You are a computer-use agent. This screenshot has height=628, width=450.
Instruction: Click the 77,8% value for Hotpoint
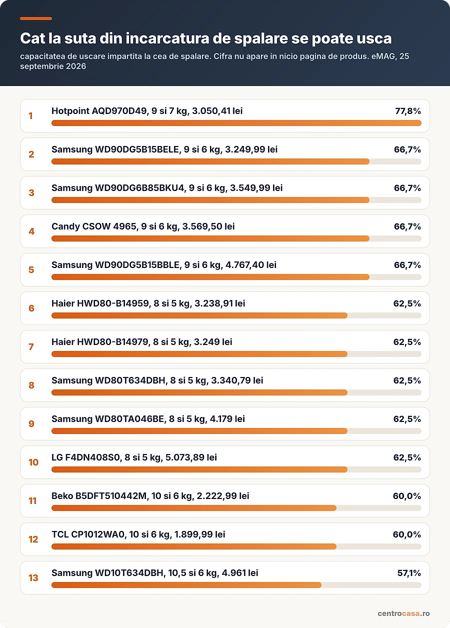pyautogui.click(x=408, y=111)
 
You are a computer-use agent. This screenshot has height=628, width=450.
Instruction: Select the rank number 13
pyautogui.click(x=33, y=578)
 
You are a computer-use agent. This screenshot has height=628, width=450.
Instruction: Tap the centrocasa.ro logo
pyautogui.click(x=403, y=613)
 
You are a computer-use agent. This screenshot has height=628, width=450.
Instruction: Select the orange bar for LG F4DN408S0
pyautogui.click(x=199, y=469)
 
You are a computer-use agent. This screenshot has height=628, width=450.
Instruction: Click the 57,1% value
pyautogui.click(x=409, y=573)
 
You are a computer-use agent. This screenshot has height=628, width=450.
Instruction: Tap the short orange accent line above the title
pyautogui.click(x=36, y=18)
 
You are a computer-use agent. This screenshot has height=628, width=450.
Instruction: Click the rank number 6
pyautogui.click(x=31, y=308)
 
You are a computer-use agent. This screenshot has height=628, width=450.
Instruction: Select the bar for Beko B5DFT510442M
pyautogui.click(x=193, y=508)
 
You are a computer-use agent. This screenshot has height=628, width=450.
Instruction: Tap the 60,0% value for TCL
pyautogui.click(x=407, y=534)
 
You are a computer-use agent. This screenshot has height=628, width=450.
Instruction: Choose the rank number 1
pyautogui.click(x=31, y=116)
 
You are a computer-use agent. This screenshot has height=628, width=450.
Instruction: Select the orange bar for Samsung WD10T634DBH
pyautogui.click(x=186, y=585)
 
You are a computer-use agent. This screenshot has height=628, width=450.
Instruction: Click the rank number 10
pyautogui.click(x=33, y=462)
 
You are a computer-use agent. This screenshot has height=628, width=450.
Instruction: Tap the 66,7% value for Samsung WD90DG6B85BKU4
pyautogui.click(x=407, y=188)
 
